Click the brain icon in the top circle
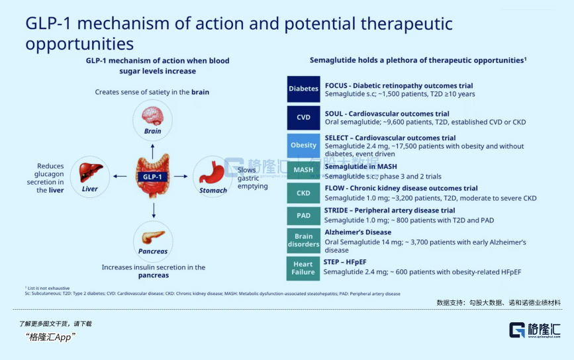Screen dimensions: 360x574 pyautogui.click(x=152, y=116)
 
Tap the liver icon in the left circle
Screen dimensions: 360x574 pyautogui.click(x=89, y=173)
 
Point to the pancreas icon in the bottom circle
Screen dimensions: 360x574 pyautogui.click(x=153, y=236)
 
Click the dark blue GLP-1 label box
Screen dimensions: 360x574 pyautogui.click(x=153, y=177)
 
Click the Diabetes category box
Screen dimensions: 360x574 pyautogui.click(x=303, y=89)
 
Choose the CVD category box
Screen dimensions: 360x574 pyautogui.click(x=303, y=118)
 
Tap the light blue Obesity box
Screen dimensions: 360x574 pyautogui.click(x=303, y=145)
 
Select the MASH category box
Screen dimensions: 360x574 pyautogui.click(x=303, y=170)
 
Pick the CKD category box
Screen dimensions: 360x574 pyautogui.click(x=303, y=193)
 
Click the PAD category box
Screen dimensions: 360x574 pyautogui.click(x=303, y=216)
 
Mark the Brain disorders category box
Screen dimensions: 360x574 pyautogui.click(x=303, y=240)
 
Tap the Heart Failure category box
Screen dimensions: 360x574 pyautogui.click(x=303, y=267)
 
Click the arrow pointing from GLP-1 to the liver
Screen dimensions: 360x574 pyautogui.click(x=120, y=177)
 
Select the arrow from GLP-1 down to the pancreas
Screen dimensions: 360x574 pyautogui.click(x=153, y=210)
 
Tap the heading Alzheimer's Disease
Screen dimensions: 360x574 pyautogui.click(x=358, y=232)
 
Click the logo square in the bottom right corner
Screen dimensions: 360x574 pyautogui.click(x=516, y=330)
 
